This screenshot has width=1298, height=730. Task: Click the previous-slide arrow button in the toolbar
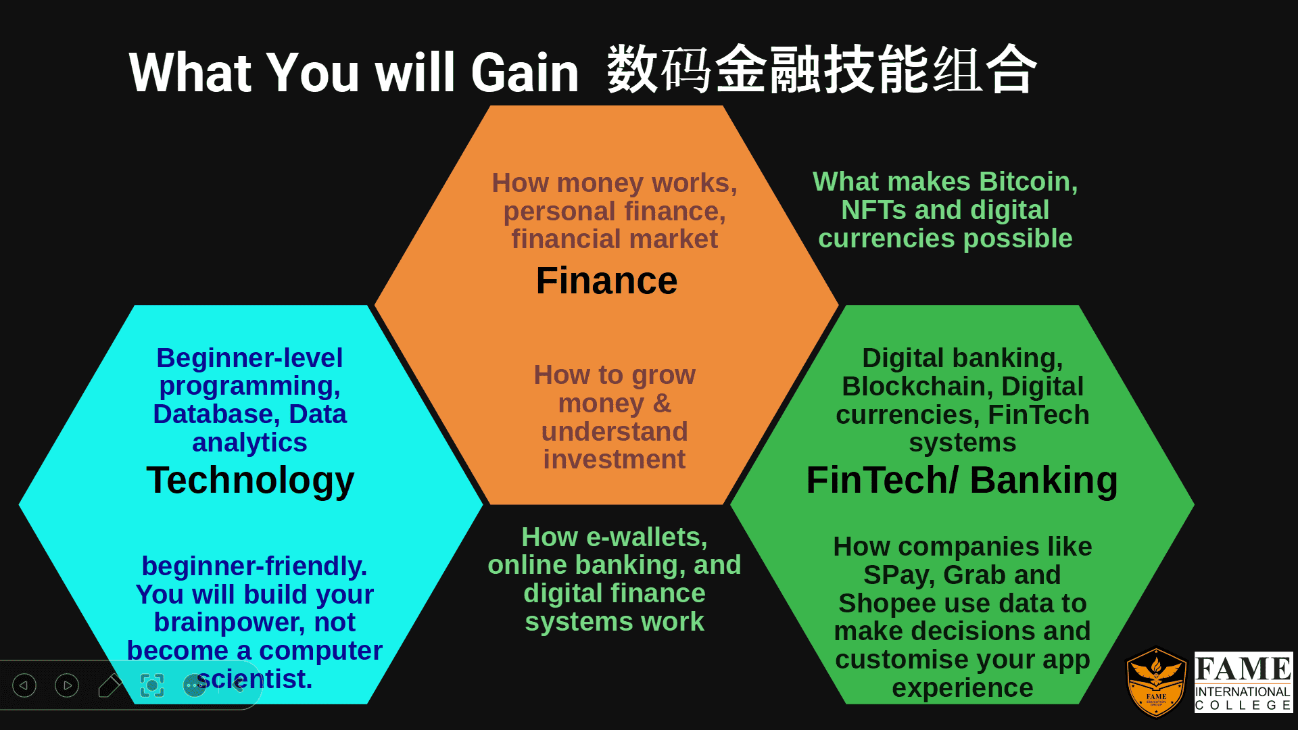[x=24, y=685]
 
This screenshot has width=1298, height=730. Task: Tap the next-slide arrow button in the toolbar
[x=67, y=685]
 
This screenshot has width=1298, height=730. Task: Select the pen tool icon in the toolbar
[x=110, y=685]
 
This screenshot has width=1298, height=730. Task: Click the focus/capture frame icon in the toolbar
[x=152, y=685]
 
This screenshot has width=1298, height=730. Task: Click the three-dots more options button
[x=195, y=685]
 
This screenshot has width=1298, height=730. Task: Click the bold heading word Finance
[x=606, y=281]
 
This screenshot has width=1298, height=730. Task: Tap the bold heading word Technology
[x=250, y=481]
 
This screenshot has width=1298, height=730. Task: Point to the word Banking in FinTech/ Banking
[x=1043, y=481]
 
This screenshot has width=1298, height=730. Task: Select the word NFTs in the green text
[x=873, y=210]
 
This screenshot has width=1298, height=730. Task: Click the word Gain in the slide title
[x=525, y=73]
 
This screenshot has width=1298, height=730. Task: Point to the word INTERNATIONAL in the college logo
[x=1243, y=691]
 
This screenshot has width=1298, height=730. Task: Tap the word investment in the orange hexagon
[x=614, y=460]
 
